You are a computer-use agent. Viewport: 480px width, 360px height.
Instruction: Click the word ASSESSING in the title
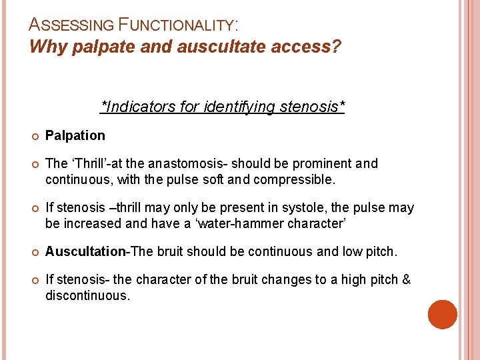click(71, 25)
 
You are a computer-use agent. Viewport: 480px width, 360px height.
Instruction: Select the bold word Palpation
click(75, 135)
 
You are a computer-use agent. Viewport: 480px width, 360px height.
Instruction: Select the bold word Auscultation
click(86, 251)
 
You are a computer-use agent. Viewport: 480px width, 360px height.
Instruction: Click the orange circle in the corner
click(442, 314)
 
